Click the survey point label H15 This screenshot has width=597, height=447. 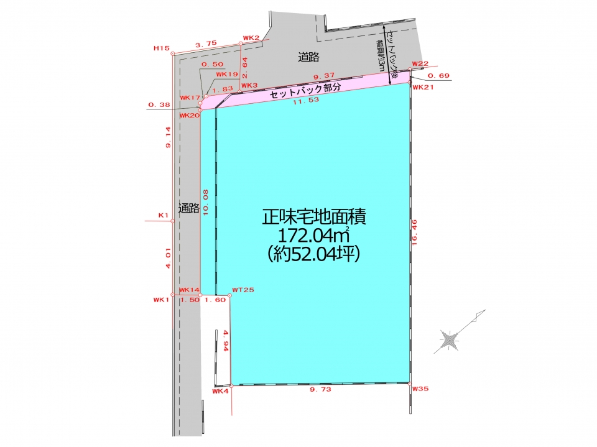click(162, 48)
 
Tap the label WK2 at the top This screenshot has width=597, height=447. click(251, 38)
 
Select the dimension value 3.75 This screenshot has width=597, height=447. click(206, 44)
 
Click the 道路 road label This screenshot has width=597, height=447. click(308, 57)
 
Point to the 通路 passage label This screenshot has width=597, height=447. click(189, 208)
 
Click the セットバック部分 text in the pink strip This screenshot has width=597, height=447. click(305, 90)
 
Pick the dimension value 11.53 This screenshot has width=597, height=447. click(306, 101)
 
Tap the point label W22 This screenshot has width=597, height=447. click(420, 63)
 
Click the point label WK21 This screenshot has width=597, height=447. click(423, 87)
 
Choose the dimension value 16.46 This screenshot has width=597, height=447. click(415, 232)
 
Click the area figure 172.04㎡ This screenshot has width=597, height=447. click(314, 235)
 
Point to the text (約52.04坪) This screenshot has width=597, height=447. click(313, 254)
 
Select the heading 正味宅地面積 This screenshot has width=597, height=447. click(314, 218)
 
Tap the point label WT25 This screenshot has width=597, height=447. click(243, 290)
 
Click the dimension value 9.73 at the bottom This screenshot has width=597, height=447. click(321, 390)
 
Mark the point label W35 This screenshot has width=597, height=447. click(420, 389)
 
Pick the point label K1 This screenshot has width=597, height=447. click(164, 216)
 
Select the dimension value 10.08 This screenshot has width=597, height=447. click(206, 203)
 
